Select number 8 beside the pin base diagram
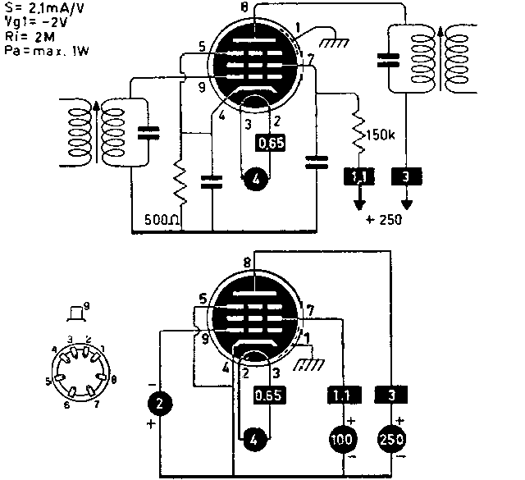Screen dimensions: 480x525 (x=112, y=380)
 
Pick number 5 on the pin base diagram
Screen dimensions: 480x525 (x=48, y=382)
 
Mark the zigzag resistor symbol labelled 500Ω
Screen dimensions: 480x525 (x=179, y=181)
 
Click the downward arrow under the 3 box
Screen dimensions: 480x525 (x=406, y=199)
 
